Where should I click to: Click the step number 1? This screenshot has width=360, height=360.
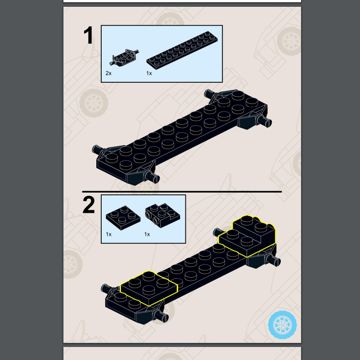(89, 35)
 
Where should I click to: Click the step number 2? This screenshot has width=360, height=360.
(89, 205)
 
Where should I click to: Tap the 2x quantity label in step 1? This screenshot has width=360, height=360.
(108, 73)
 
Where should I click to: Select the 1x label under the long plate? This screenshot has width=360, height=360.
(149, 73)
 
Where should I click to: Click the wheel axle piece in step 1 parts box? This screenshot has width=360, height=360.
(124, 58)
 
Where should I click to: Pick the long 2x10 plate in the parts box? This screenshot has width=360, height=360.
(182, 50)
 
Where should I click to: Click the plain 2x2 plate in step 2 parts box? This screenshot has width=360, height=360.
(123, 218)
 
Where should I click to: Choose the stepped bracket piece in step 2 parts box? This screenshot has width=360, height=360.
(162, 216)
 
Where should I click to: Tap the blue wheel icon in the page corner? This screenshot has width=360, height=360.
(283, 325)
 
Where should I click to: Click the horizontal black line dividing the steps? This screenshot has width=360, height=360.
(182, 192)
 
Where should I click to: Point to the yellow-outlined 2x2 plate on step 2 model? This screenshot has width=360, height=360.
(149, 288)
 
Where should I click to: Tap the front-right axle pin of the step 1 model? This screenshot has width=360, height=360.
(152, 177)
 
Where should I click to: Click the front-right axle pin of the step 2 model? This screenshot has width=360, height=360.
(162, 316)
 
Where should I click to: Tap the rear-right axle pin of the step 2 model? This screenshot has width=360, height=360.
(273, 261)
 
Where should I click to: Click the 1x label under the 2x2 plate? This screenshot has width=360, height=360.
(108, 234)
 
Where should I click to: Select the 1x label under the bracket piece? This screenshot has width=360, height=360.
(147, 234)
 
